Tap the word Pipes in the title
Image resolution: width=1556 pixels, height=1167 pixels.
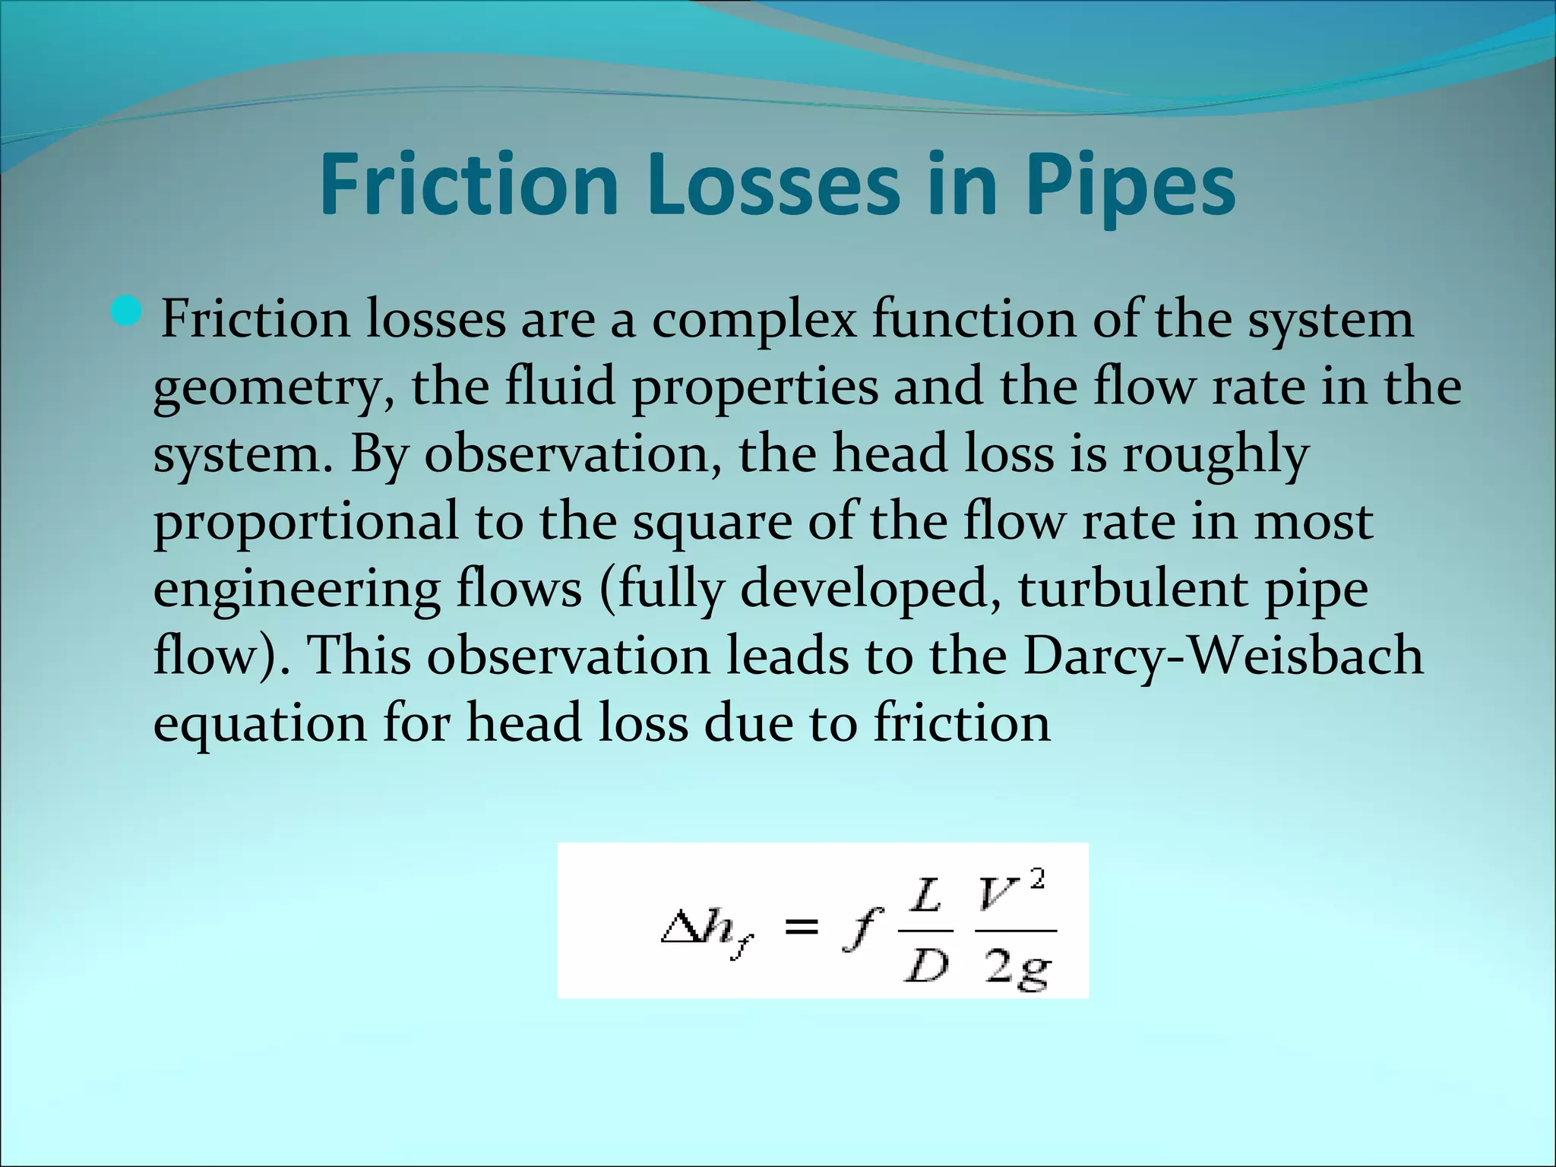tap(1130, 187)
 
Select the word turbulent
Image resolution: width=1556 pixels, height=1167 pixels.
tap(1133, 590)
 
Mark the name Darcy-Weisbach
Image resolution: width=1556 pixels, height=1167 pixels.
tap(1222, 656)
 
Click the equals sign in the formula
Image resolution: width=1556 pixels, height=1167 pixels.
tap(802, 926)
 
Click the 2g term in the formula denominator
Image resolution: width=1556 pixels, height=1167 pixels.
tap(1017, 969)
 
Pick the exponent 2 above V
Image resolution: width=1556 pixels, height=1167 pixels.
tap(1038, 880)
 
